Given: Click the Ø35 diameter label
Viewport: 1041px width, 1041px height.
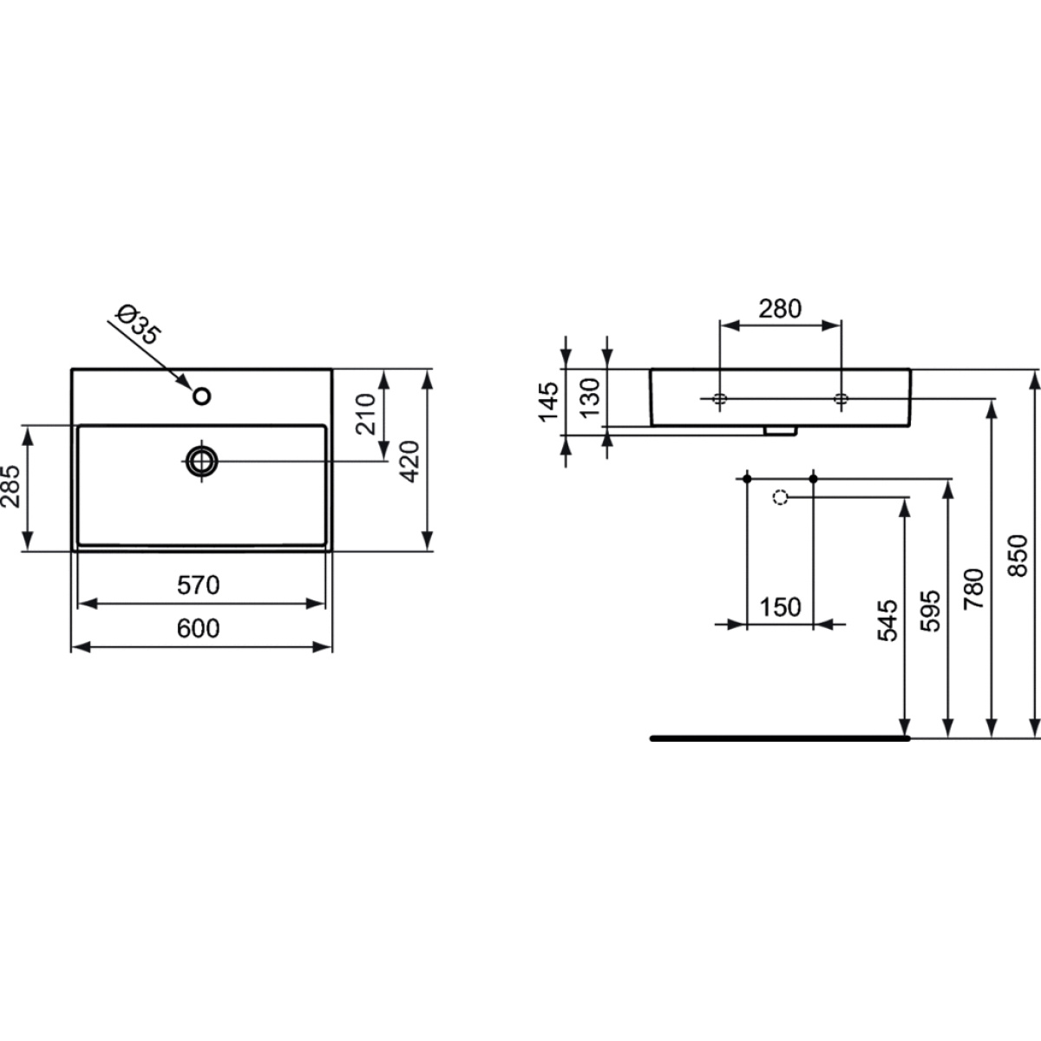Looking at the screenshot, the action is coord(139,324).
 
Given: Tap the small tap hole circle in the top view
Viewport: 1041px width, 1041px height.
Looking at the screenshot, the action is coord(202,396).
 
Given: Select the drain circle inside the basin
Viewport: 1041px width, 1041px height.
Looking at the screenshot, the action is coord(202,462).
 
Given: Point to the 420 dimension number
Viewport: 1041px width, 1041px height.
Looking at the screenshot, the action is coord(410,462).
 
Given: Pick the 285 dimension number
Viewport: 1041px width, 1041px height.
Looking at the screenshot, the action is coord(10,487).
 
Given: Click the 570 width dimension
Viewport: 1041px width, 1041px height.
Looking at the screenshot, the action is coord(199,585).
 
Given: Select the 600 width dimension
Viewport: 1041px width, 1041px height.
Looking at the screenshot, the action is coord(199,628).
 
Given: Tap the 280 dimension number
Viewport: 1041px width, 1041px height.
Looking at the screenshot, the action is coord(780,309).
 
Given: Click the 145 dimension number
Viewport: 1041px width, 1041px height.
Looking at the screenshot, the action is coord(547,402).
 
